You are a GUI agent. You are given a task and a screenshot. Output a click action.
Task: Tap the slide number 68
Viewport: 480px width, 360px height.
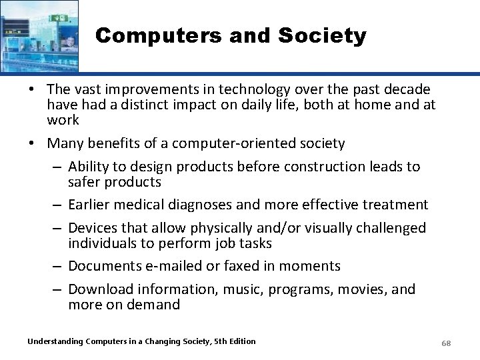pos(447,343)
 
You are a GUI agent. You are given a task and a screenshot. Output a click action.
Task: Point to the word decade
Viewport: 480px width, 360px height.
pos(403,89)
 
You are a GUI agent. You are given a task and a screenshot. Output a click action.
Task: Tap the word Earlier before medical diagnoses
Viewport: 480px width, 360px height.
pos(91,205)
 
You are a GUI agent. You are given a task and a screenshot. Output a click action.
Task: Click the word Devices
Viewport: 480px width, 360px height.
pos(93,228)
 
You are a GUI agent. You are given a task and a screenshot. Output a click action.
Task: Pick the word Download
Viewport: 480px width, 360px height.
pos(100,289)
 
